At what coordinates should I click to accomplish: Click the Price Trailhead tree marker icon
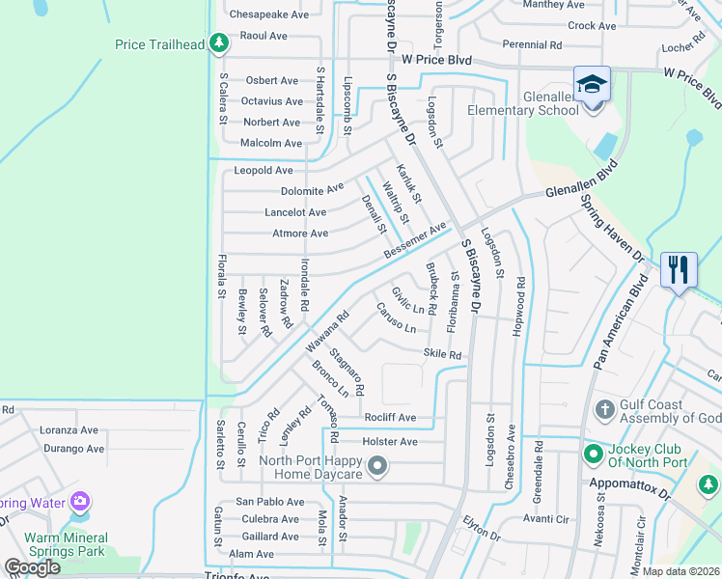pyautogui.click(x=220, y=43)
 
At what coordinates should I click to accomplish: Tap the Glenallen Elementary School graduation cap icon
pyautogui.click(x=591, y=84)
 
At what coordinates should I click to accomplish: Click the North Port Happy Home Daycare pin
pyautogui.click(x=377, y=467)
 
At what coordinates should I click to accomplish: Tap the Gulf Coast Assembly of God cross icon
pyautogui.click(x=605, y=411)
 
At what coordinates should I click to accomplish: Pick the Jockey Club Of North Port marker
pyautogui.click(x=593, y=452)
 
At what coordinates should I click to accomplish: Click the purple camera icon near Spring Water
pyautogui.click(x=80, y=502)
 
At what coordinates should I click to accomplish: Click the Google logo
pyautogui.click(x=32, y=567)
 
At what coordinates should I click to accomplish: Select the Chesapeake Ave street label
pyautogui.click(x=268, y=14)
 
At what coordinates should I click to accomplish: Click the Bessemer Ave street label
pyautogui.click(x=415, y=240)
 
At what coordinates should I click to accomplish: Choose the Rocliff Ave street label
pyautogui.click(x=390, y=418)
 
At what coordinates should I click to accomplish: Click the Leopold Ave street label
pyautogui.click(x=263, y=170)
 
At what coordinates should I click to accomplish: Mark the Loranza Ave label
pyautogui.click(x=69, y=430)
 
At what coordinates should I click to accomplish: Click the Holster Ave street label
pyautogui.click(x=389, y=442)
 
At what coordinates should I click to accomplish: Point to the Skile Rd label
pyautogui.click(x=443, y=355)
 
